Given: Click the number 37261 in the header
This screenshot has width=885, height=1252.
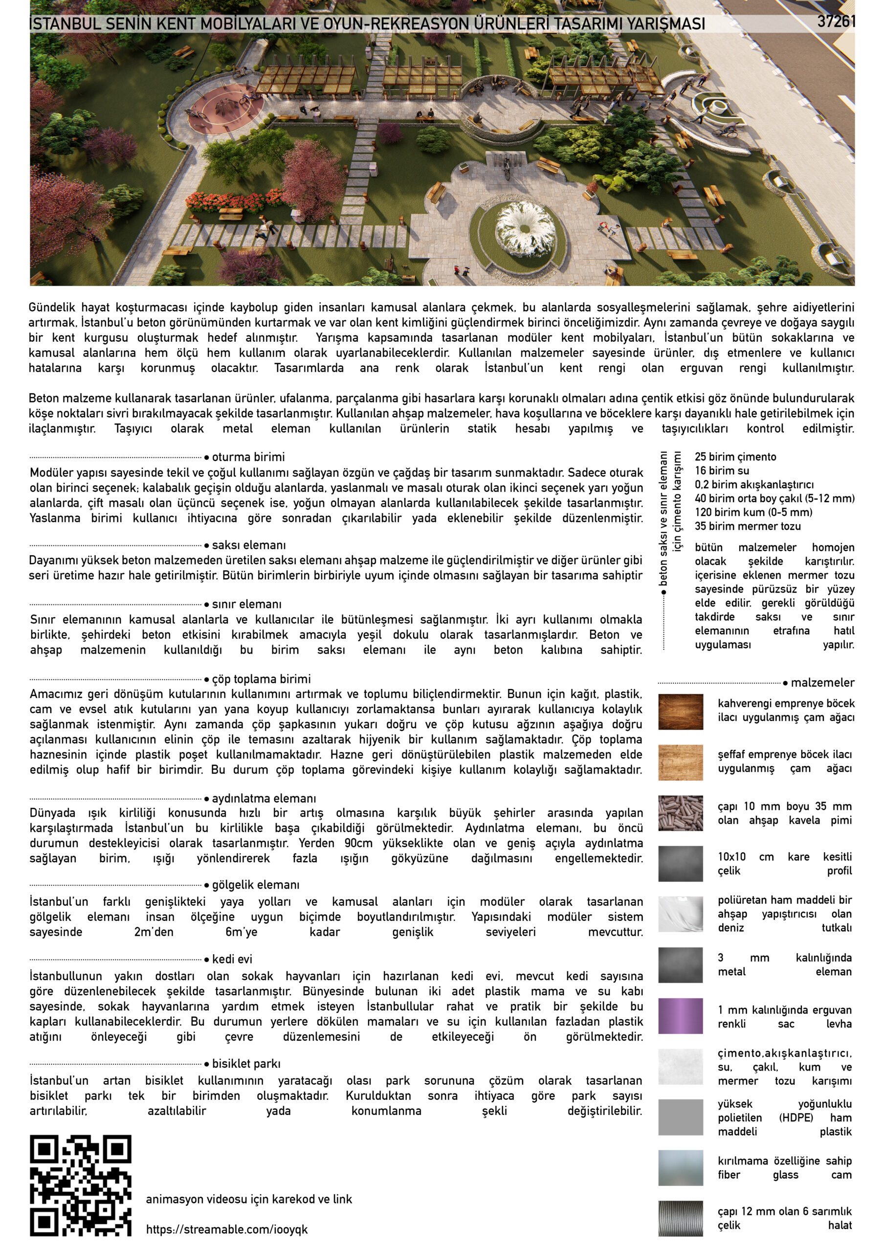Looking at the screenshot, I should coord(836,22).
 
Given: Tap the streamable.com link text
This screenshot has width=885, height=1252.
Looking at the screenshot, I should coord(226,1229).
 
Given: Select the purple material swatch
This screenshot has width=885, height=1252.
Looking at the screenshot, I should coord(680,1016).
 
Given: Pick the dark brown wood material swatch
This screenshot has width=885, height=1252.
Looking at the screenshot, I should coord(680,712).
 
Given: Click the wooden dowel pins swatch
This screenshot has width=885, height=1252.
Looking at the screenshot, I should coord(680,812).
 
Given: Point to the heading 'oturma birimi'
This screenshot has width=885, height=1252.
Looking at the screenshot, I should coord(248,457).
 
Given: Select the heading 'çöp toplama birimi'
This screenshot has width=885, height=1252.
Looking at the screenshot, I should coord(261,679).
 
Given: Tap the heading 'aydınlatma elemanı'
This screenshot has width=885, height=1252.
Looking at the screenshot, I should coord(264,798).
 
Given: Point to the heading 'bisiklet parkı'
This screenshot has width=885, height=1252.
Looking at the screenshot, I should coord(246,1063).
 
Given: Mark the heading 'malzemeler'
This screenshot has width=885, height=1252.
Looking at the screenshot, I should coord(822,683).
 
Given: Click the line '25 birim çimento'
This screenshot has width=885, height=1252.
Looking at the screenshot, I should coord(735,457).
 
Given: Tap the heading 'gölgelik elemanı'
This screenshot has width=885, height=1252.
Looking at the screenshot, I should coord(256,885).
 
